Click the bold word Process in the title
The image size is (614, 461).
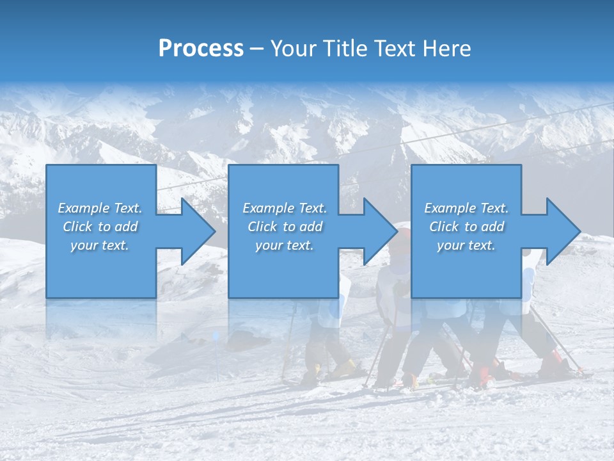tap(201, 49)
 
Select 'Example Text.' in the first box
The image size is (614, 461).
tap(100, 208)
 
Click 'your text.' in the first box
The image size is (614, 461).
tap(100, 245)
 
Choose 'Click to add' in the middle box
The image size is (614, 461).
tap(285, 227)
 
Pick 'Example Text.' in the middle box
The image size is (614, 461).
tap(285, 208)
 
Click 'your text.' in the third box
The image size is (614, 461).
tap(466, 245)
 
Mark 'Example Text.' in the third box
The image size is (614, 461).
tap(466, 208)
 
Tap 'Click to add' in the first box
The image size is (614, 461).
tap(100, 227)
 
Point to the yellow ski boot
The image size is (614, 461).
tap(345, 368)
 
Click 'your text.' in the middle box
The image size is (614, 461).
tap(285, 245)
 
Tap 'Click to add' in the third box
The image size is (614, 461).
tap(466, 227)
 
